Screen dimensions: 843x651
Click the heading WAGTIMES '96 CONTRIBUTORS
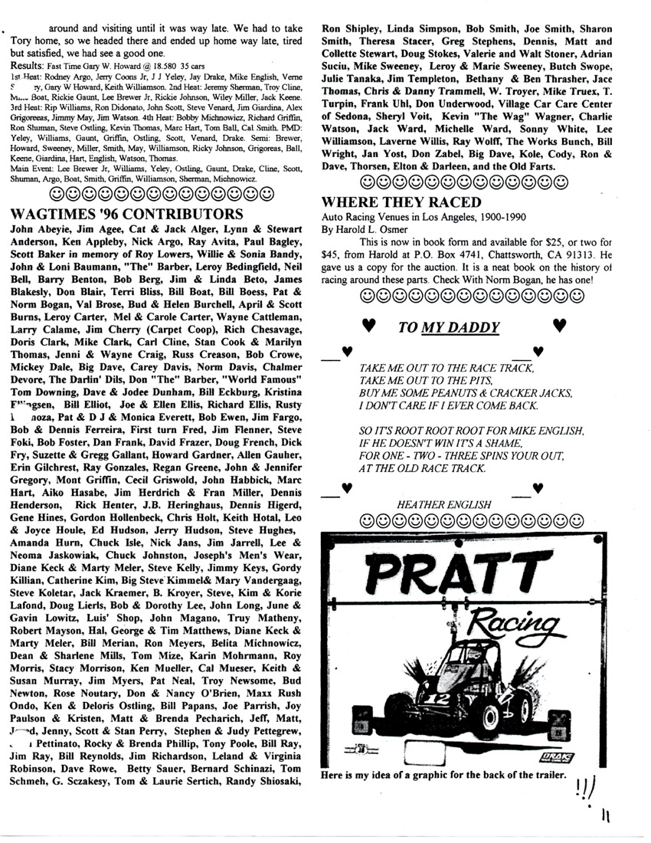(x=128, y=214)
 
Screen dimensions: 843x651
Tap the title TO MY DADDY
(x=449, y=328)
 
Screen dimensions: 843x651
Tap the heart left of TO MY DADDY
(x=368, y=326)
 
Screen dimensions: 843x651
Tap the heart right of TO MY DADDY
(x=558, y=326)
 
